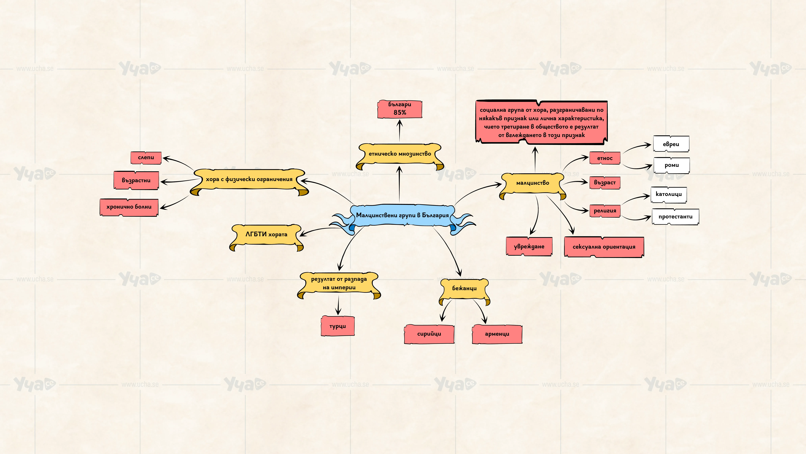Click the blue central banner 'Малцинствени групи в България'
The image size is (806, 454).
(402, 216)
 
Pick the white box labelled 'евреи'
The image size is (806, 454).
(671, 144)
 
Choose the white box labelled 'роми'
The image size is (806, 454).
(672, 165)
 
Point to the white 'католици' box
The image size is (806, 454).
(669, 194)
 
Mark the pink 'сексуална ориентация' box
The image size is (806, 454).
(604, 247)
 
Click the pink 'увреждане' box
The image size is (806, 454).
(529, 247)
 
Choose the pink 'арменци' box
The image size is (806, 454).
(497, 334)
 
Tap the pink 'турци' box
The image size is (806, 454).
(338, 326)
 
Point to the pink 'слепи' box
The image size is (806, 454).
(146, 158)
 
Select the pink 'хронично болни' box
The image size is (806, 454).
(129, 207)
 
